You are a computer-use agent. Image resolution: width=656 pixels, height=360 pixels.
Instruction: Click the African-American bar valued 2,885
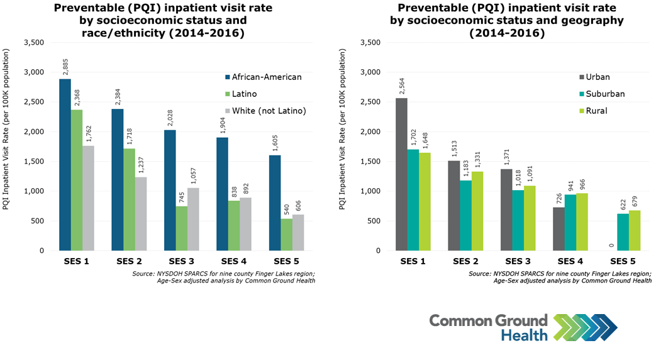[65, 165]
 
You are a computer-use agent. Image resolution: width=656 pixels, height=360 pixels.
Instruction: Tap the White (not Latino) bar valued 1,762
[88, 198]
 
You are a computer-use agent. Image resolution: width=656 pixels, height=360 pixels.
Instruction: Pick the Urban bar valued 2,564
[401, 174]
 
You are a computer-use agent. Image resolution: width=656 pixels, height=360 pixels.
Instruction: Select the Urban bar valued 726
[557, 229]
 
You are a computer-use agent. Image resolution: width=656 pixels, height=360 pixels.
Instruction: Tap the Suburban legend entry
[604, 94]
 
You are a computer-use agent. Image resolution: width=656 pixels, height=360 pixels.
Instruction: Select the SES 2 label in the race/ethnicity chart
[128, 261]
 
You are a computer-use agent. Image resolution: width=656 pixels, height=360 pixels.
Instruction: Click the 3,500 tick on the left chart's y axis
[33, 43]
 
